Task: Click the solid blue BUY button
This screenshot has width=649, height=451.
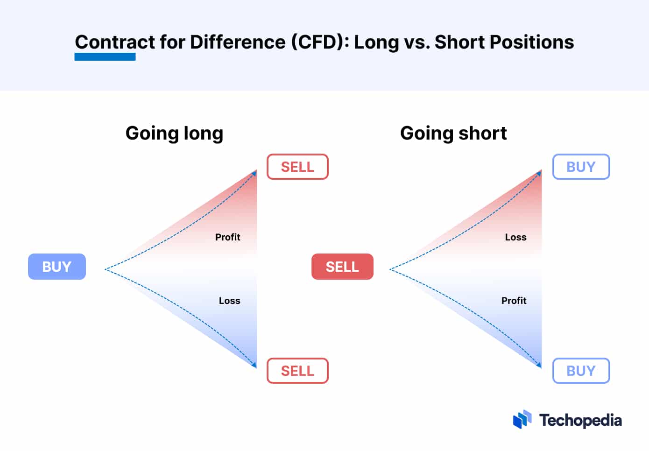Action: (57, 267)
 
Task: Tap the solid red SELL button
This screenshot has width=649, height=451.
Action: (342, 267)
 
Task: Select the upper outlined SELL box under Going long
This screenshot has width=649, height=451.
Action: (297, 167)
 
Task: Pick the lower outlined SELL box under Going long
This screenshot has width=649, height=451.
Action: (297, 371)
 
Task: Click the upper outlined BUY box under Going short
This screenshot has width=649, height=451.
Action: (581, 167)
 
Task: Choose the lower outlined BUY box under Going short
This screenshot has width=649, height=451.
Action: (581, 371)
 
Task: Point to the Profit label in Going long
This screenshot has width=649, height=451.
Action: (228, 237)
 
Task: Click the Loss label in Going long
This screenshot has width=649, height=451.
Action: (229, 301)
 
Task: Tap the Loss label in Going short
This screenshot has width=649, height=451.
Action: (516, 237)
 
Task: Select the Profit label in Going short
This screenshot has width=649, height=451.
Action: (514, 301)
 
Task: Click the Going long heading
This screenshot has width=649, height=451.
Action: (175, 134)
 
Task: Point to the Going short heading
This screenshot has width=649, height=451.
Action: (453, 134)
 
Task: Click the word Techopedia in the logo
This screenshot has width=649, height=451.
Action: (580, 420)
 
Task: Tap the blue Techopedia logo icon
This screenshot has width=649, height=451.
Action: (522, 419)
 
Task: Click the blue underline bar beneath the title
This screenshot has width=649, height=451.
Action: (105, 56)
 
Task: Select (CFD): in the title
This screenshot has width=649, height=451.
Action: (320, 42)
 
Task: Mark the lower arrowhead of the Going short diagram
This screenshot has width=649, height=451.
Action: (539, 365)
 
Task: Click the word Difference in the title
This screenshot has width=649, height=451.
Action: (238, 42)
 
